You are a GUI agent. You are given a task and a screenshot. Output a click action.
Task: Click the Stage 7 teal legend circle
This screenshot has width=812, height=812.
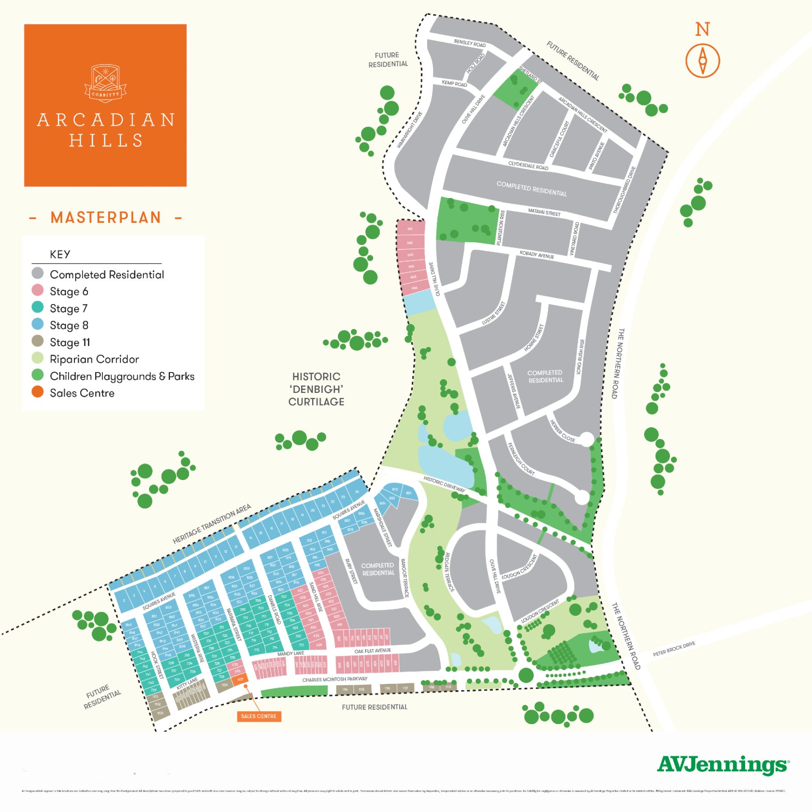(x=37, y=308)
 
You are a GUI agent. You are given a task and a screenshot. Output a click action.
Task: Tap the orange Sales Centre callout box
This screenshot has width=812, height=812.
(x=259, y=716)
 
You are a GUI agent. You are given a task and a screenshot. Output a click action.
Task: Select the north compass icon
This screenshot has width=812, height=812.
(x=702, y=60)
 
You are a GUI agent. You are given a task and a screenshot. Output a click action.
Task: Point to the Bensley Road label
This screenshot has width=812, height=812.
(x=470, y=43)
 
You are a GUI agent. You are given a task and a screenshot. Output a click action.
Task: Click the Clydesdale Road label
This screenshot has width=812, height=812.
(x=528, y=166)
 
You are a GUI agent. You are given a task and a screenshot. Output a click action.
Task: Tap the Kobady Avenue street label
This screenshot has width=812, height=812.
(x=536, y=254)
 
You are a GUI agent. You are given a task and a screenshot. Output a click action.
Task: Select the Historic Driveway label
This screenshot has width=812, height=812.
(x=444, y=484)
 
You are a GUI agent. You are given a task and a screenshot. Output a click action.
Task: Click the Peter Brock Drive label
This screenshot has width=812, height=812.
(x=674, y=649)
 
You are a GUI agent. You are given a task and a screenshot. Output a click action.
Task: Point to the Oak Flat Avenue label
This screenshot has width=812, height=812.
(x=372, y=651)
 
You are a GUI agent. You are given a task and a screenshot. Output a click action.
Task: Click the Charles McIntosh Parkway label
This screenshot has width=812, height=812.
(x=335, y=679)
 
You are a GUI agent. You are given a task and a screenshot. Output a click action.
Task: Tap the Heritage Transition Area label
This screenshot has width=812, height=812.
(x=212, y=524)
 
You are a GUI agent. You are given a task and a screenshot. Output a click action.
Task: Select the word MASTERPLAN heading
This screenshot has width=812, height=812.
(x=106, y=218)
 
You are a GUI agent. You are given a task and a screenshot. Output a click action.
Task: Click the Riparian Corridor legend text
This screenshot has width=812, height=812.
(x=94, y=359)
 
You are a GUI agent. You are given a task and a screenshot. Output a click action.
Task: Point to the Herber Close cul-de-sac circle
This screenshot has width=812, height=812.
(x=586, y=438)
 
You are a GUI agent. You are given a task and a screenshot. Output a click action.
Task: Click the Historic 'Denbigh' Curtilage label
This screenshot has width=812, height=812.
(x=316, y=389)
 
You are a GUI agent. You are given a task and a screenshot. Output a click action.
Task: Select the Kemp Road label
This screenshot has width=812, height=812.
(x=454, y=83)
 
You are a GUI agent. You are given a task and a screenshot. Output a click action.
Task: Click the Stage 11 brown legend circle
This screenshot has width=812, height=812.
(x=37, y=341)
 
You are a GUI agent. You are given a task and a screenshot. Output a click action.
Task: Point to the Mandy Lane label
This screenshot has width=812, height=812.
(x=291, y=653)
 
